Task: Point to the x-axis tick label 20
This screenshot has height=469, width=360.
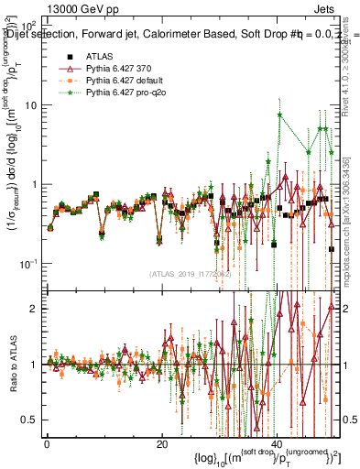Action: [161, 442]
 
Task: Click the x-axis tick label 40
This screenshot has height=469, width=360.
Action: [277, 442]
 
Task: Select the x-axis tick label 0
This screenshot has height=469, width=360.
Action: [47, 442]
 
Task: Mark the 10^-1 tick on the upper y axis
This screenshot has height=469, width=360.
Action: [28, 264]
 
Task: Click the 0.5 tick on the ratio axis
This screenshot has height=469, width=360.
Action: [28, 420]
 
